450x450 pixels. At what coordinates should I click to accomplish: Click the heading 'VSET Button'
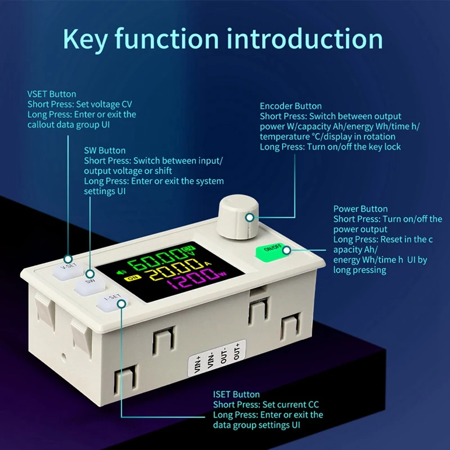pyautogui.click(x=52, y=94)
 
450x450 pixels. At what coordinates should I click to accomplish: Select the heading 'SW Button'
pyautogui.click(x=105, y=151)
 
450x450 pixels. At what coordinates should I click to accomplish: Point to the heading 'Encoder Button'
pyautogui.click(x=291, y=106)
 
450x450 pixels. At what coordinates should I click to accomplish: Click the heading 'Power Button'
pyautogui.click(x=361, y=209)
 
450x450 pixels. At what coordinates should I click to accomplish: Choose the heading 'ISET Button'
pyautogui.click(x=236, y=394)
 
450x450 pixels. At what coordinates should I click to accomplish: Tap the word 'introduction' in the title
pyautogui.click(x=307, y=39)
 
